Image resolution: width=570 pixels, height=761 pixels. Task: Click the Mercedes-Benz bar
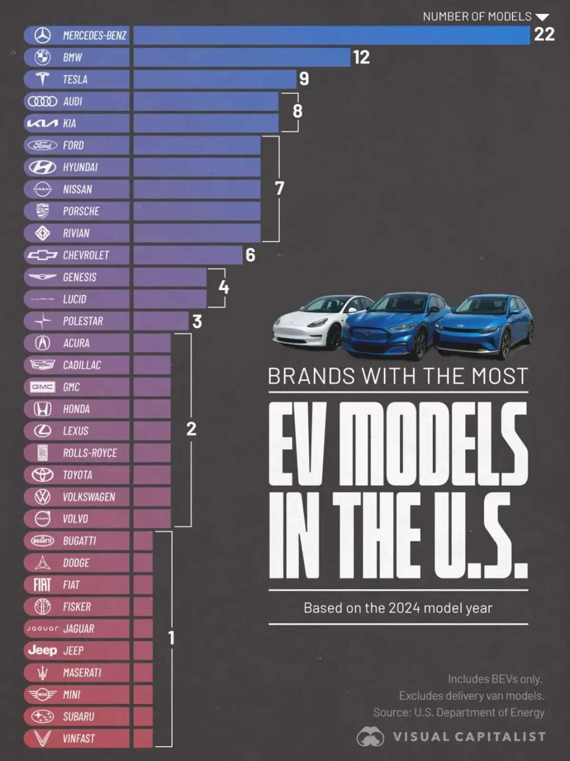331,35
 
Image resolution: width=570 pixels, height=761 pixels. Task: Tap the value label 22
544,35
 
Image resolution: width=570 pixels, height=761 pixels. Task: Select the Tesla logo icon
43,79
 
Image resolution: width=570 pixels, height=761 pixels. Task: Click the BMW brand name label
73,58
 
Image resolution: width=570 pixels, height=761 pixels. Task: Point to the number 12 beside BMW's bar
361,58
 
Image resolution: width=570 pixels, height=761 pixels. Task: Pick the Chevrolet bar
188,255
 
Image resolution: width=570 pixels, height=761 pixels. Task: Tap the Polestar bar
161,321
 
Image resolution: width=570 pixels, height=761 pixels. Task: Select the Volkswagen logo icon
43,497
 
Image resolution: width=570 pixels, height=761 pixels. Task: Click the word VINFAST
79,739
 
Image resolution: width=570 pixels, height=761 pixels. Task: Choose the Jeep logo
42,650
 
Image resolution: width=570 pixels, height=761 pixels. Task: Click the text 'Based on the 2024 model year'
398,608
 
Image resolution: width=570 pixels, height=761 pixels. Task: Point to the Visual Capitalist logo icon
370,737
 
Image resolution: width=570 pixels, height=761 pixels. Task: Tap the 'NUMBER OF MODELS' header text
477,17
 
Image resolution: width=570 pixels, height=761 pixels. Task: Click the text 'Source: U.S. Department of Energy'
458,712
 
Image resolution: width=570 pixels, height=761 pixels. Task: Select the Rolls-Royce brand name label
90,453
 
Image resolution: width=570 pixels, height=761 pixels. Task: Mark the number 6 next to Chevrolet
250,255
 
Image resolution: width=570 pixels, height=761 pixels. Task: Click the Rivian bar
197,233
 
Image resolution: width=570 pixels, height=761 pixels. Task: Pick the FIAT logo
42,585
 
